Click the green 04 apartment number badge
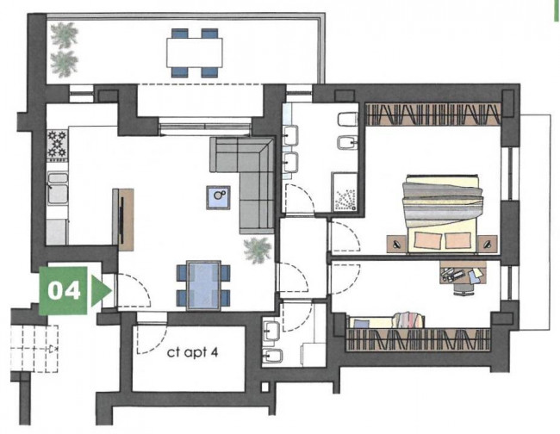click(63, 291)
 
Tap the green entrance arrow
click(101, 291)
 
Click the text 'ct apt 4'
click(192, 353)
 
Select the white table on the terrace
click(195, 53)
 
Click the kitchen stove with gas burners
click(57, 144)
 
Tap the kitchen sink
click(58, 189)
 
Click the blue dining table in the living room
click(203, 286)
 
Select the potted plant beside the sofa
click(258, 250)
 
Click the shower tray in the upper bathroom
click(345, 193)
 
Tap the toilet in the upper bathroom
click(347, 119)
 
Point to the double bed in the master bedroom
click(442, 214)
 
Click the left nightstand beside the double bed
click(397, 245)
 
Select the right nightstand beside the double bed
click(488, 245)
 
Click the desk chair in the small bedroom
click(464, 287)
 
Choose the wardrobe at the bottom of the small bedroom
click(419, 339)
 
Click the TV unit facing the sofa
click(123, 220)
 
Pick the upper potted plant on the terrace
click(65, 35)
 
